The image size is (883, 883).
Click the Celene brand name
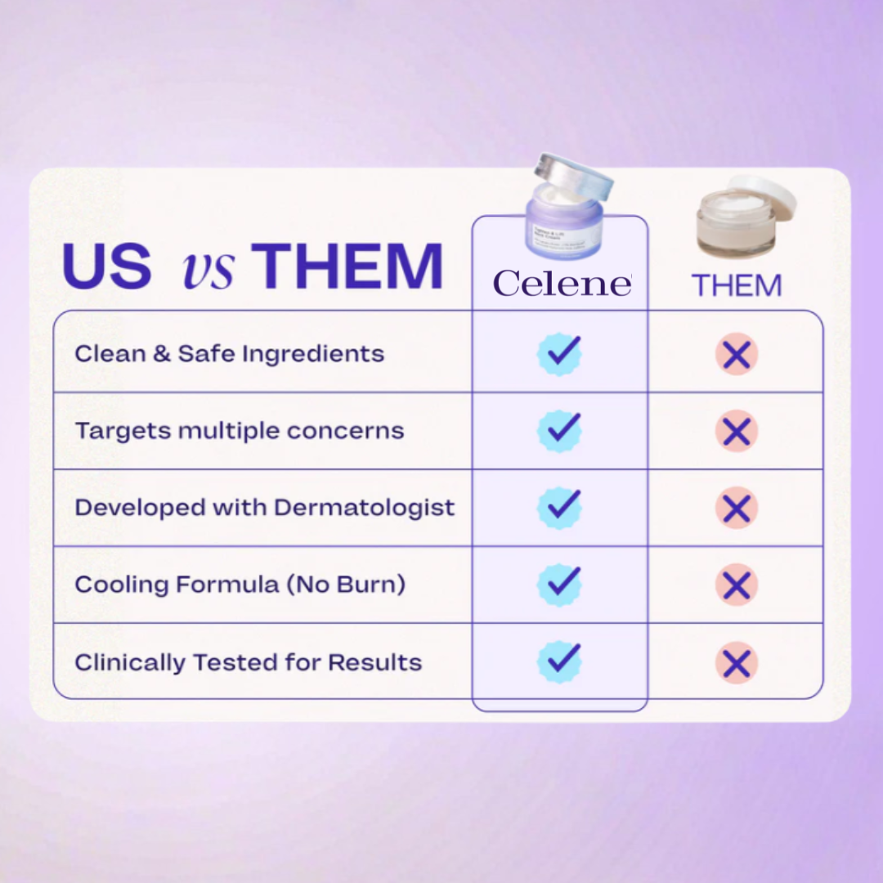[562, 283]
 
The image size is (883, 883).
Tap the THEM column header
[737, 285]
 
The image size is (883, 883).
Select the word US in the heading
[106, 265]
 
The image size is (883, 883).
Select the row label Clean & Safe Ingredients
[229, 353]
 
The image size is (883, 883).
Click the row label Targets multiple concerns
[239, 431]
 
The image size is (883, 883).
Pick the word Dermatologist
[364, 508]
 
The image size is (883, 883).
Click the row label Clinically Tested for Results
[248, 662]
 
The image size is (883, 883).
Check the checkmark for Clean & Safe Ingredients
[560, 353]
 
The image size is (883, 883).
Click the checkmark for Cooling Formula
[560, 585]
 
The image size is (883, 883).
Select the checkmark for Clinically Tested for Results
[560, 661]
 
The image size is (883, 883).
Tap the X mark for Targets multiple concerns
[737, 431]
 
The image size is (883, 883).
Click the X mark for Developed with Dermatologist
[737, 509]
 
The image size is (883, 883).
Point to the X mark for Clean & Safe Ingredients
[737, 354]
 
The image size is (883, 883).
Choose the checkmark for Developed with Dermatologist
[560, 507]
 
